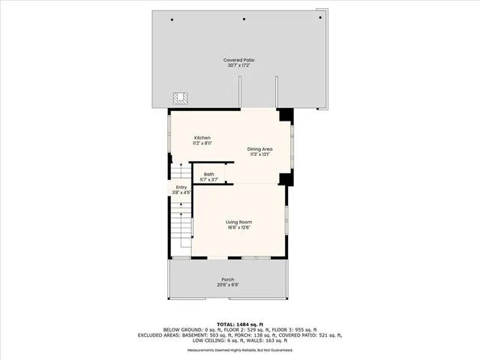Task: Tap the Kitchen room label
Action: (x=202, y=138)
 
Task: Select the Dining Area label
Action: (x=260, y=149)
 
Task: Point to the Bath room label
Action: (x=208, y=174)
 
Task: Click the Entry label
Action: (x=181, y=187)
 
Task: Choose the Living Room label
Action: (x=240, y=222)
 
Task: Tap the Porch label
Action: (x=227, y=280)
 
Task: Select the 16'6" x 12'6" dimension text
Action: (x=240, y=227)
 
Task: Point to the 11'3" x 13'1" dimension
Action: (x=260, y=154)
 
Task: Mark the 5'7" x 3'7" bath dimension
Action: (x=208, y=180)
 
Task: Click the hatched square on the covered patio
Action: (x=180, y=98)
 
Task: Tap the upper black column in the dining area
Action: (x=285, y=115)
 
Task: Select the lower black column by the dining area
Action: (x=285, y=178)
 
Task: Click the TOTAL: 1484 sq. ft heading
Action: (x=239, y=323)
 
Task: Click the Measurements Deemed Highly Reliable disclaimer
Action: (x=239, y=349)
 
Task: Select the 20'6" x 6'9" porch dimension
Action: (x=227, y=285)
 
